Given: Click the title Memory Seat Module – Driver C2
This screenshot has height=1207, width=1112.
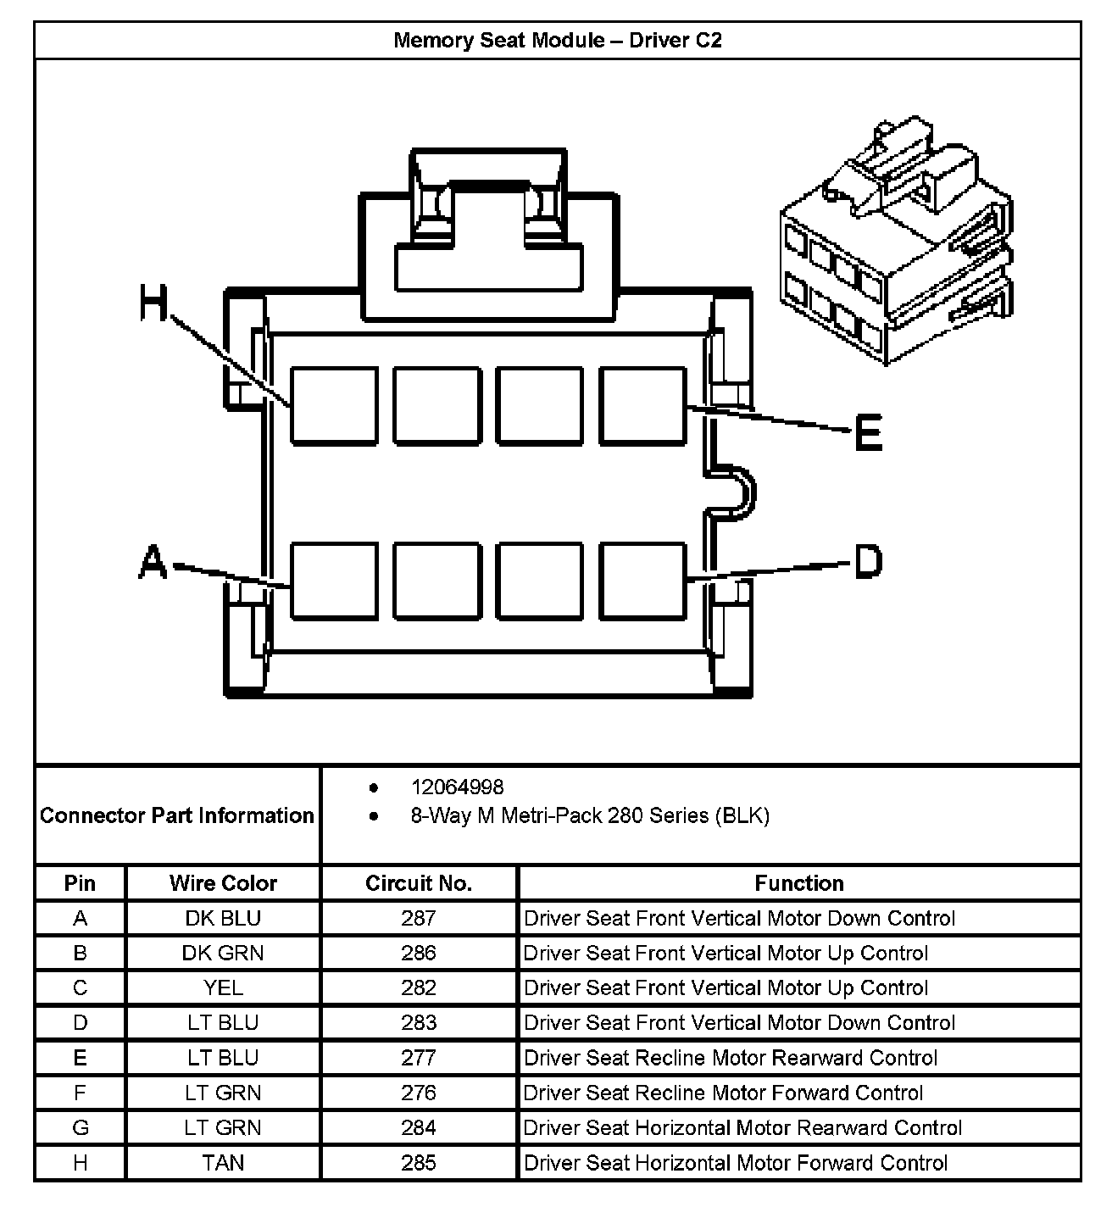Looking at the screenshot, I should pos(558,40).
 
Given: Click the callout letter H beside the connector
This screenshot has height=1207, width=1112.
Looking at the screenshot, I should pos(153,303).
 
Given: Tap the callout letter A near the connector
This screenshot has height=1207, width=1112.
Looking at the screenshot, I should pos(153,562).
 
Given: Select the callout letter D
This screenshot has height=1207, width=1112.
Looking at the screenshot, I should pos(868,561).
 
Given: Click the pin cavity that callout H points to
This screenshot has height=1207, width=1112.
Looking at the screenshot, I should pos(334,406).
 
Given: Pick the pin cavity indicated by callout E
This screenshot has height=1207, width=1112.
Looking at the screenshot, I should pos(643,406).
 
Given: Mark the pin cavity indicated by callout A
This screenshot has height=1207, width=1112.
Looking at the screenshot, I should pos(334,581).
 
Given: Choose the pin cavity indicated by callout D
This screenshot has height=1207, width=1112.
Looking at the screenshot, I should pos(643,581).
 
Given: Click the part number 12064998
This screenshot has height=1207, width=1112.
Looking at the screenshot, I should pos(457,787).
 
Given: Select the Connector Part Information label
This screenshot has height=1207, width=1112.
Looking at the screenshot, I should pos(177,815).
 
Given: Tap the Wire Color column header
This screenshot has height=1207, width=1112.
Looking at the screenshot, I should pos(223,883).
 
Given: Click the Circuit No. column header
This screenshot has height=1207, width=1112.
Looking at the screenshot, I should pos(419,883).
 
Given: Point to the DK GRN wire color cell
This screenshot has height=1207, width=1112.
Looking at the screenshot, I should pos(223,953).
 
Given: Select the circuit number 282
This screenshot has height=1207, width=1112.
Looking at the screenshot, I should pos(419,987).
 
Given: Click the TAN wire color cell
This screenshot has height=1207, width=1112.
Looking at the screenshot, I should pos(223,1163).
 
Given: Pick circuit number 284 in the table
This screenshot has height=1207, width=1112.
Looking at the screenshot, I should pos(419,1127).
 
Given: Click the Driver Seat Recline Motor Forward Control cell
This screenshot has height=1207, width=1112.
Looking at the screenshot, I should pos(723,1093).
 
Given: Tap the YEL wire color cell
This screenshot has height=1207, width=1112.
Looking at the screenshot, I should pos(223,987).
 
